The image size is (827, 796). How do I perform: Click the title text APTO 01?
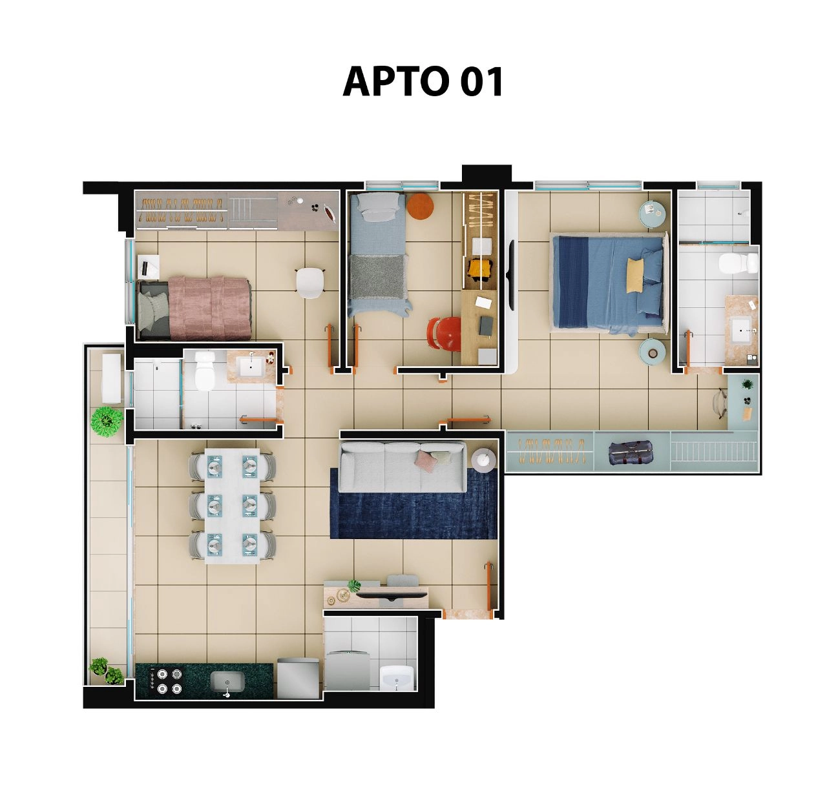pos(423,82)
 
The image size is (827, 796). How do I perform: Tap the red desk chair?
pos(444,334)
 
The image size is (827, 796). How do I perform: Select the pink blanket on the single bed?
pos(209,308)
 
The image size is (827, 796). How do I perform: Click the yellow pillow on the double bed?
pos(634,276)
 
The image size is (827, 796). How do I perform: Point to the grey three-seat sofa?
pos(402,467)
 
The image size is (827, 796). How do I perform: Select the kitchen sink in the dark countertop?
pos(227,684)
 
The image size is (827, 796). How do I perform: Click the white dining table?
pos(232,505)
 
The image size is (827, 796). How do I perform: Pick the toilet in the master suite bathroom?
pos(738,263)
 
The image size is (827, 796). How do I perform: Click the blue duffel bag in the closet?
pos(630,453)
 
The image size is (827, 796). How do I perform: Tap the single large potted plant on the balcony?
pos(107,421)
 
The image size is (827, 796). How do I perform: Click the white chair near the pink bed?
pos(310,283)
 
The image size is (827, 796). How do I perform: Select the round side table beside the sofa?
pos(483,460)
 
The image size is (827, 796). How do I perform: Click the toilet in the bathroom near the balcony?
pos(204,371)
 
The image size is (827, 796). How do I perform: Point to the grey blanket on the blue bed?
pos(377,276)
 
